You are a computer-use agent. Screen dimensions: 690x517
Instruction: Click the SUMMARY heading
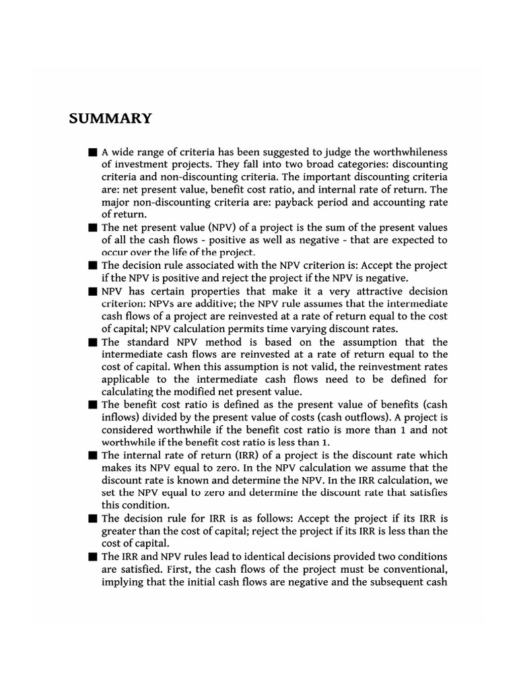pos(110,119)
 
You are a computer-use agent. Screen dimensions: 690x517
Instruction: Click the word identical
pos(273,557)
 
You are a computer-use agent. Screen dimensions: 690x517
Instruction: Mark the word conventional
pos(409,569)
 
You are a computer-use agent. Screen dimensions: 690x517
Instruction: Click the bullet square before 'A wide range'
pos(92,153)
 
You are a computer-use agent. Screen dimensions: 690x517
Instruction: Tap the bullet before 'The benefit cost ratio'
pos(92,405)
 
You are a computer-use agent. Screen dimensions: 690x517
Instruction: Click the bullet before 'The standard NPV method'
pos(92,342)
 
